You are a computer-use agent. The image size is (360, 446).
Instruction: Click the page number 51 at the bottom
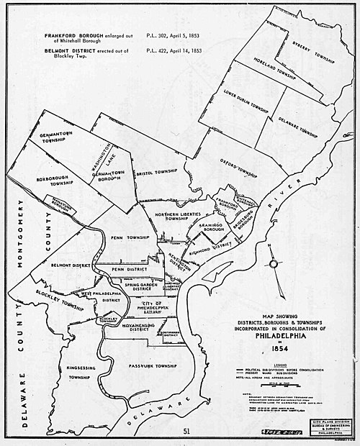[186, 431]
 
